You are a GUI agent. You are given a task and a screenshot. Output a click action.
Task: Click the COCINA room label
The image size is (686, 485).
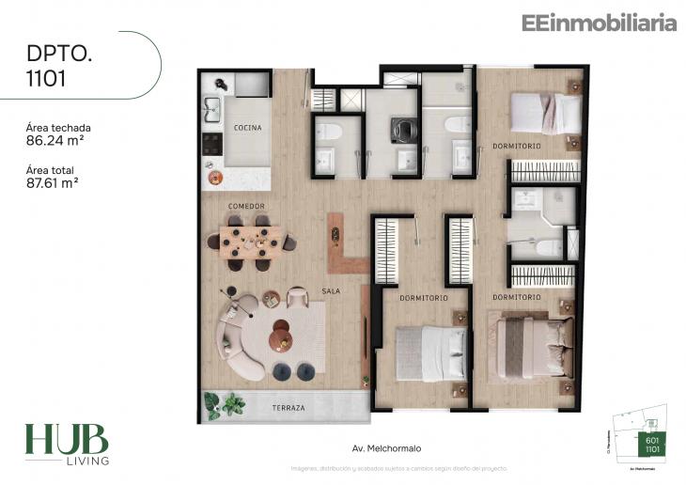[248, 127]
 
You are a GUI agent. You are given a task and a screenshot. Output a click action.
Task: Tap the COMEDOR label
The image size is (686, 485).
[246, 206]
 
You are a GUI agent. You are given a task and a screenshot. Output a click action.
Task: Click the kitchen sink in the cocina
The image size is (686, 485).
[213, 106]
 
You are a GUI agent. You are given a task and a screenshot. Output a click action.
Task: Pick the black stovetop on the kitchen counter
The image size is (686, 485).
[213, 144]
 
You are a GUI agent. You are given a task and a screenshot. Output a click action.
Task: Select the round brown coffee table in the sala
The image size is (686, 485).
[280, 336]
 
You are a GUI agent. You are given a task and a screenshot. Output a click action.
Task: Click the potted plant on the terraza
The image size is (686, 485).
[225, 405]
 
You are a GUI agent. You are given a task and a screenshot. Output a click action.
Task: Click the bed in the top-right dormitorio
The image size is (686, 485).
[546, 114]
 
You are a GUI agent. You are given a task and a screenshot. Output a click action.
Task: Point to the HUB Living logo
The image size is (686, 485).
[66, 444]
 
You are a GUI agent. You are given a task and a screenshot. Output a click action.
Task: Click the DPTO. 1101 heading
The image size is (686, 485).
[59, 66]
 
